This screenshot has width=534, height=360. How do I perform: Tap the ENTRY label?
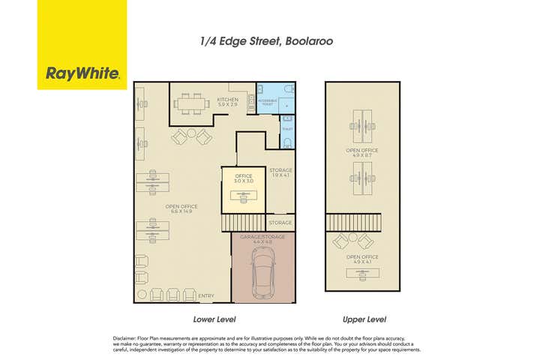(206, 295)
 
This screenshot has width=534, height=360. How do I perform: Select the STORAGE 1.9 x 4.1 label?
(282, 172)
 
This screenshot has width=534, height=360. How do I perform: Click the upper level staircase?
(354, 223)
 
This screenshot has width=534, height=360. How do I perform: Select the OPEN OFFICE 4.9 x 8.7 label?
(362, 152)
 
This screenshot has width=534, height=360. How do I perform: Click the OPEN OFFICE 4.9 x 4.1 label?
(362, 259)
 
